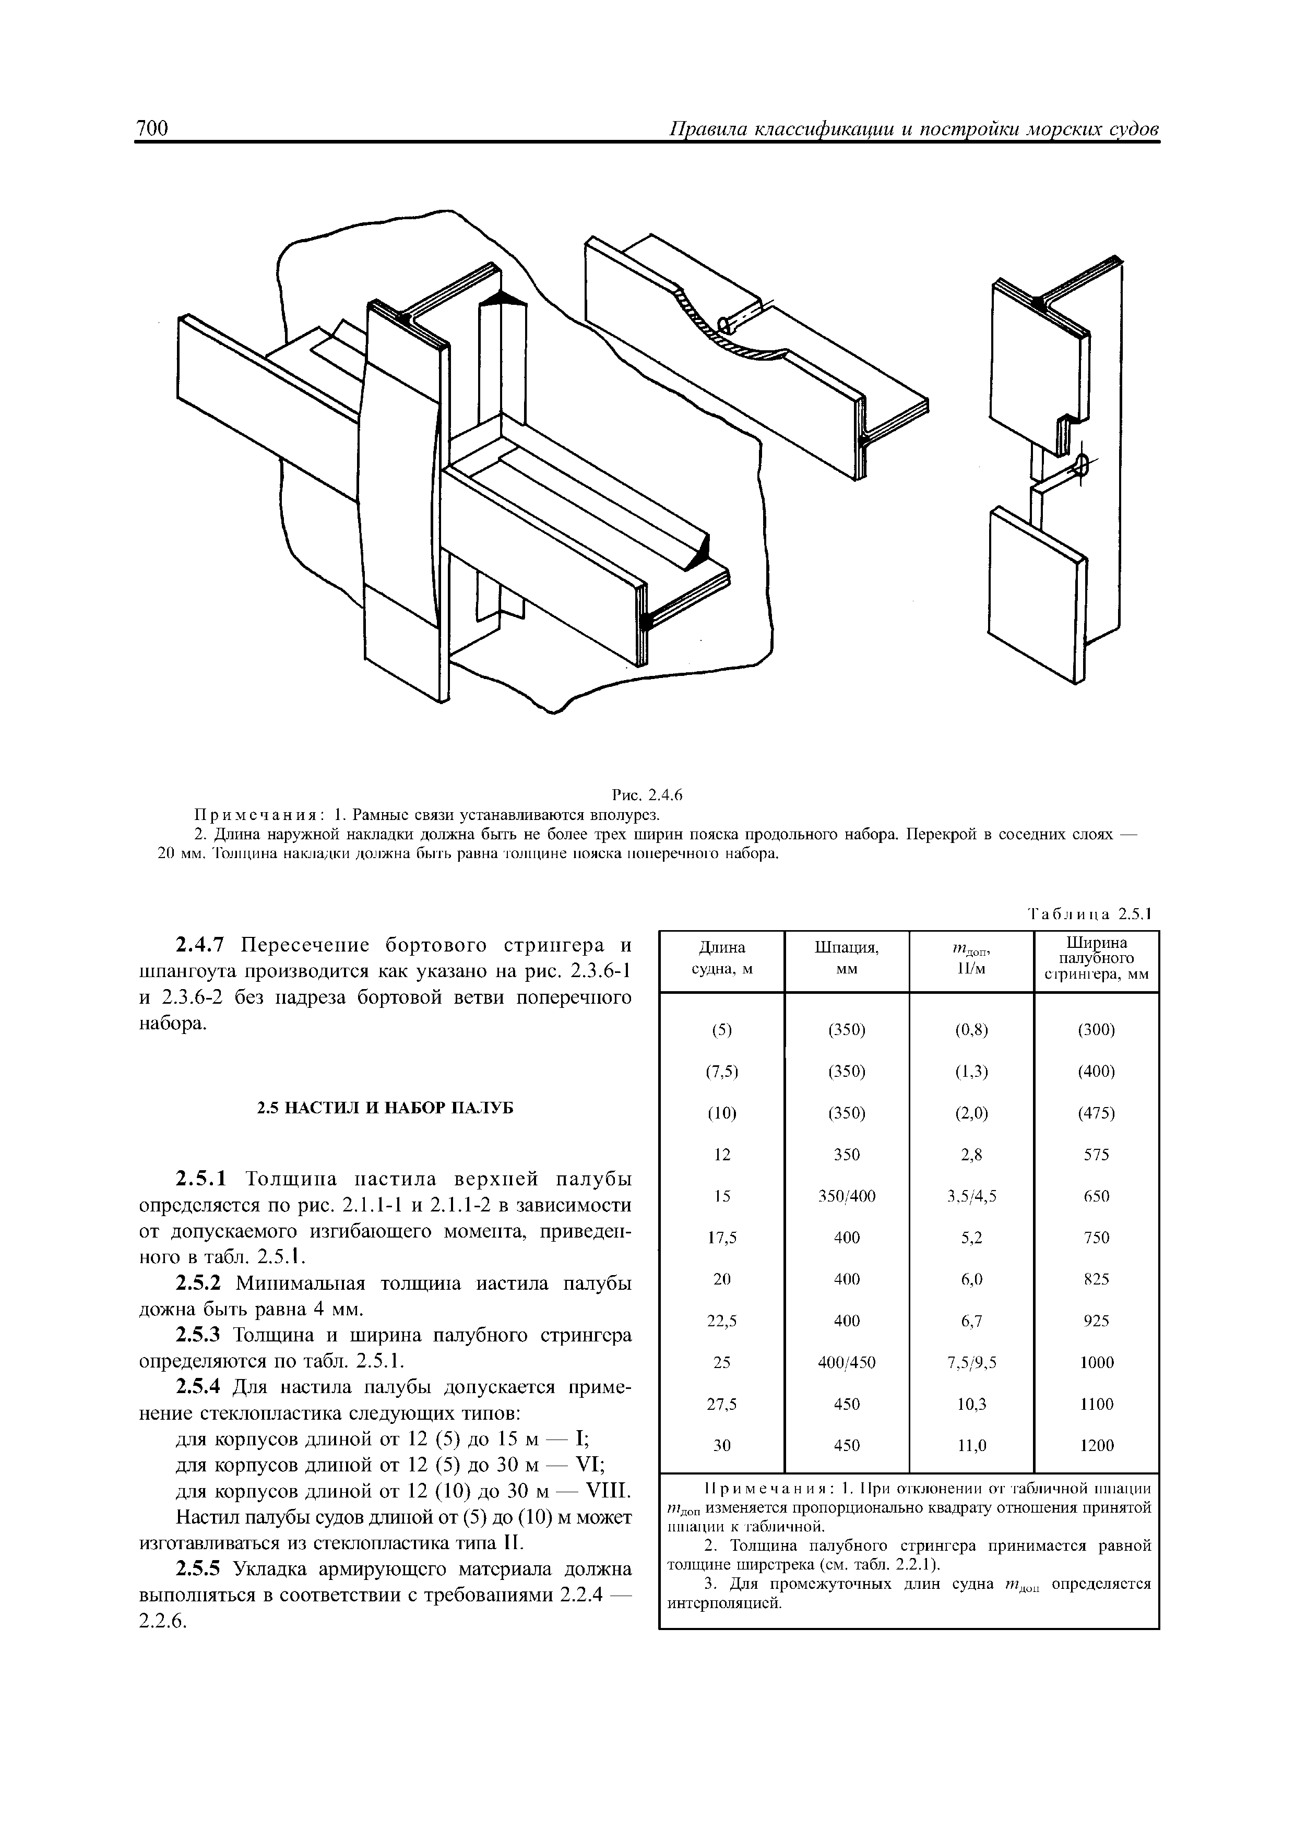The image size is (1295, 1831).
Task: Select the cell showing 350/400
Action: tap(846, 1196)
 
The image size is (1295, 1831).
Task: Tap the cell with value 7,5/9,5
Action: tap(971, 1363)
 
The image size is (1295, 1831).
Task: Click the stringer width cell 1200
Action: tap(1097, 1446)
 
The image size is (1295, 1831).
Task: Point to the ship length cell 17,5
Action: tap(722, 1238)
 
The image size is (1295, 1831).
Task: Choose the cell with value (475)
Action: tap(1097, 1113)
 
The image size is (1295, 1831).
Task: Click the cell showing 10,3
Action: tap(971, 1405)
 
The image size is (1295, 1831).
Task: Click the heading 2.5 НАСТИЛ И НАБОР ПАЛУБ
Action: tap(384, 1109)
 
